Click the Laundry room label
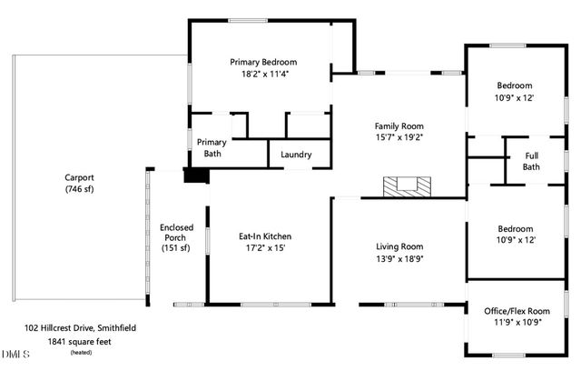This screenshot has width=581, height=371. (x=296, y=155)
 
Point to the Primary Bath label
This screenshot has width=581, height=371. (x=212, y=148)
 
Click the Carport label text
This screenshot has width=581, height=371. (x=80, y=177)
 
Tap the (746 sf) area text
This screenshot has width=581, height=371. (x=80, y=189)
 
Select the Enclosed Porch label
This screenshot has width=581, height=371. (x=174, y=235)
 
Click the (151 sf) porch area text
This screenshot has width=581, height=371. (x=174, y=248)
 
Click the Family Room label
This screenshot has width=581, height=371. (x=400, y=126)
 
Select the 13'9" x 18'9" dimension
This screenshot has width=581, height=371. (x=400, y=259)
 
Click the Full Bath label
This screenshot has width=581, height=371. (x=531, y=161)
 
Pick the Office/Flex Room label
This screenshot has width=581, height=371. (x=518, y=311)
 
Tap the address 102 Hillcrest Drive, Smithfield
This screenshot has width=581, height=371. (x=80, y=326)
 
